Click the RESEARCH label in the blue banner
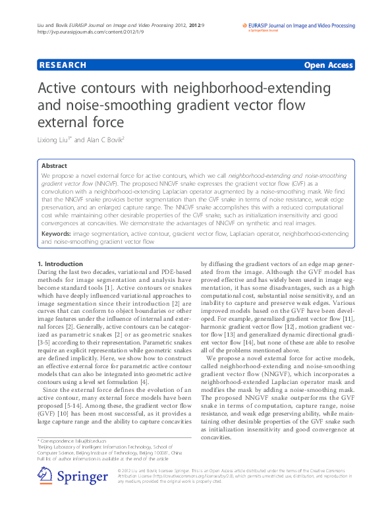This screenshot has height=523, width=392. point(63,65)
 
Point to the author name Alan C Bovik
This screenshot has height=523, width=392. point(103,140)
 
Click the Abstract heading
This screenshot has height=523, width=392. point(54,166)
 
